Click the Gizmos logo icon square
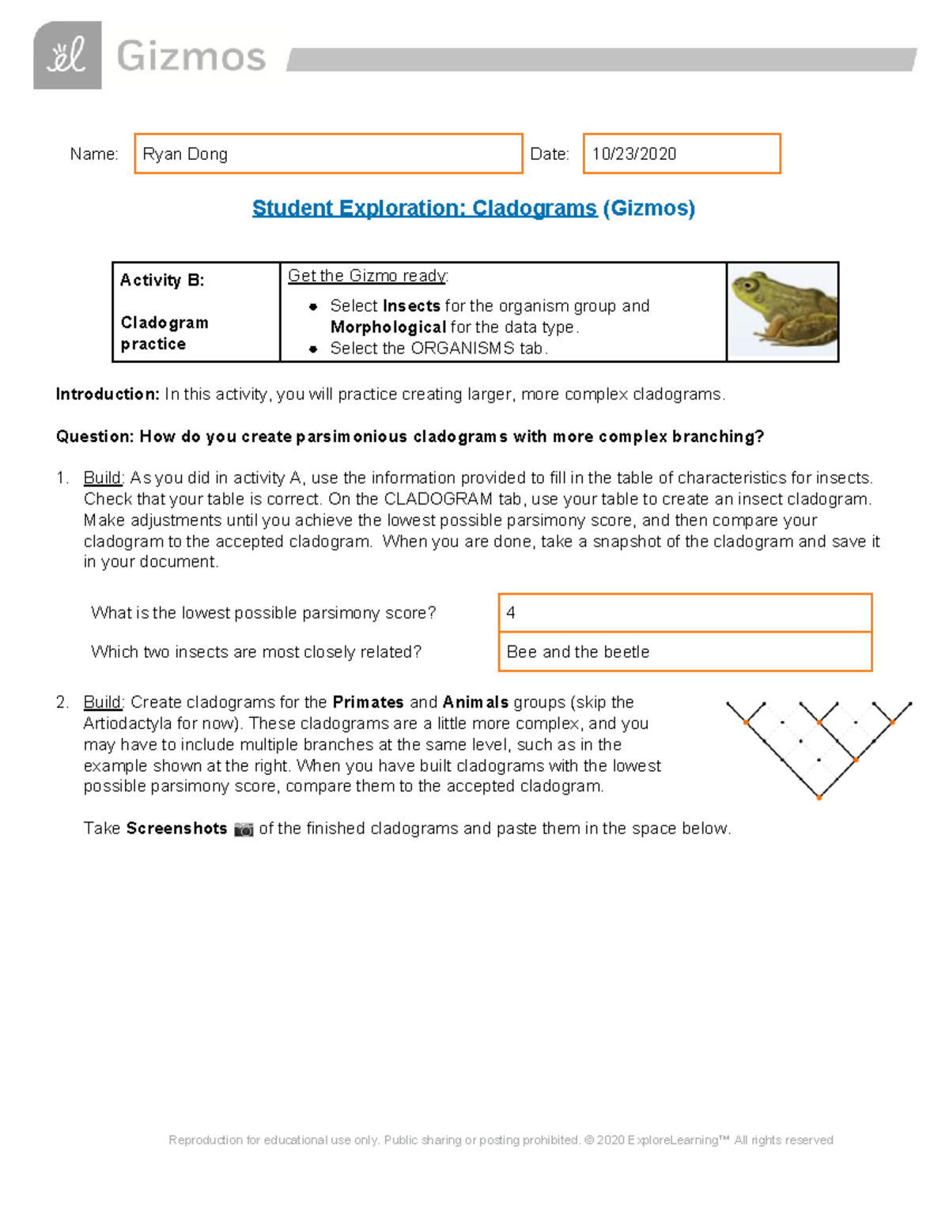67,55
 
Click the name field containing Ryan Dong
328,153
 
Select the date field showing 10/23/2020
681,153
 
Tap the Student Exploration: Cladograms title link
424,208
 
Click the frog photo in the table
782,312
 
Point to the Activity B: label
162,280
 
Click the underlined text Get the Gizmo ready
368,276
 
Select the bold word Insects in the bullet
411,306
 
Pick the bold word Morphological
388,327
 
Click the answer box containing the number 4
685,613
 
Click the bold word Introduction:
108,394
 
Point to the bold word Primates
368,702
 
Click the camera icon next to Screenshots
244,829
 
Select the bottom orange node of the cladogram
819,798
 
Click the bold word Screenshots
176,829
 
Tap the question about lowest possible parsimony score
263,613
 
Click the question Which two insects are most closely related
256,652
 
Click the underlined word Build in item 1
103,478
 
